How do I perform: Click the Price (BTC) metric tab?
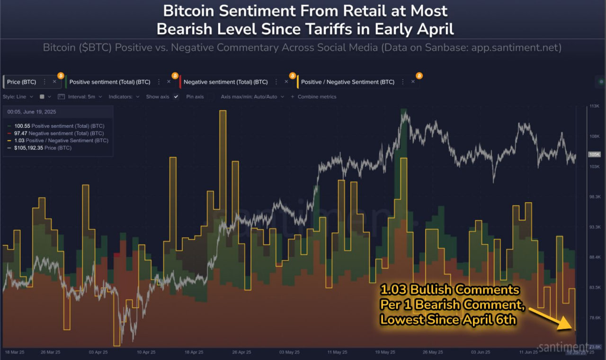[21, 82]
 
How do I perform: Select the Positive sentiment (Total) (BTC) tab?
[109, 82]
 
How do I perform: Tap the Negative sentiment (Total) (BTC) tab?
[225, 82]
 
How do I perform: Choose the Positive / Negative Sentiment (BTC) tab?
[348, 82]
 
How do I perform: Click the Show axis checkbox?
[176, 97]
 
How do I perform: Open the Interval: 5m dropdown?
[80, 97]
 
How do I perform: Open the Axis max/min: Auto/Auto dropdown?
[252, 97]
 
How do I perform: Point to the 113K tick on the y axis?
[594, 106]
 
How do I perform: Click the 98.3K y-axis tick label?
[594, 197]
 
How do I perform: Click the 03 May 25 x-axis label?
[290, 352]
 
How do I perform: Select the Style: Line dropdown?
[18, 97]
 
